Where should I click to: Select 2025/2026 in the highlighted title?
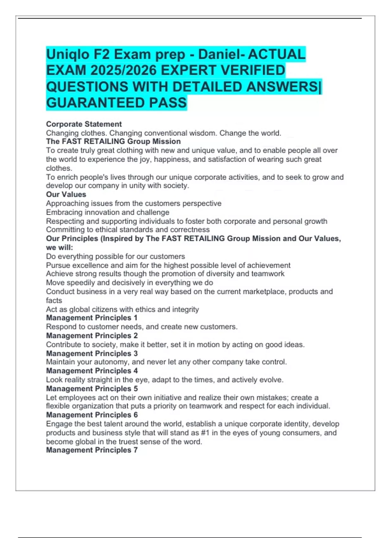point(125,71)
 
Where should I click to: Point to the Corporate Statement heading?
point(84,124)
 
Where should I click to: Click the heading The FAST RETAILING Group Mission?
point(113,141)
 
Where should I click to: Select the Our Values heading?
point(66,194)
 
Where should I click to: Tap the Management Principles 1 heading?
point(92,318)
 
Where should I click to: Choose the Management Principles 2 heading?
point(92,335)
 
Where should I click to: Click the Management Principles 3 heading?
point(92,353)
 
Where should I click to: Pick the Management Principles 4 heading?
point(92,371)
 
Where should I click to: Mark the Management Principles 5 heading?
point(92,388)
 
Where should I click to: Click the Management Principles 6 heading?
point(92,415)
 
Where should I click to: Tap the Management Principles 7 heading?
point(92,450)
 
